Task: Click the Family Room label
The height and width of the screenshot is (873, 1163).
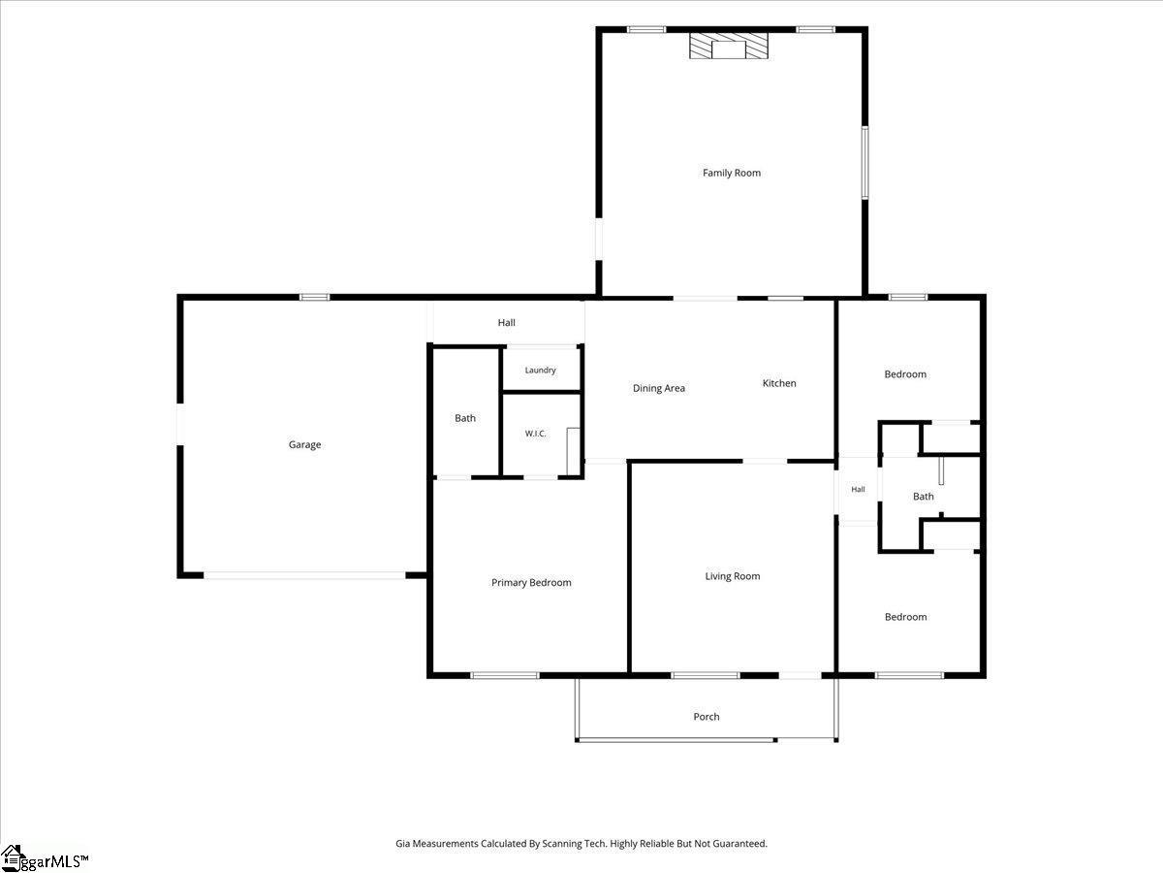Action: (731, 173)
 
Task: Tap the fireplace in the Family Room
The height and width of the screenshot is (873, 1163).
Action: (729, 47)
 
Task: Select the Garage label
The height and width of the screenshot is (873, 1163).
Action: (304, 444)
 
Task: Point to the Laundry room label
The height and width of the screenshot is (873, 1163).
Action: (541, 370)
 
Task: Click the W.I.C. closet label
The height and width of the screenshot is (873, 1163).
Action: (535, 434)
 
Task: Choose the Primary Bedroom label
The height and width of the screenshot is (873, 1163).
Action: (531, 583)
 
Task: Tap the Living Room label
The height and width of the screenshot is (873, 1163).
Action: (733, 576)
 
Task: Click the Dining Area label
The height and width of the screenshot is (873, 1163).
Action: (659, 388)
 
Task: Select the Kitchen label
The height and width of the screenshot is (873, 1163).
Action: (779, 383)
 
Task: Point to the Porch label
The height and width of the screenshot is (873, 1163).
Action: (707, 717)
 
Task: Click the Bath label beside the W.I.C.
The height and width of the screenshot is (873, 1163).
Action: (464, 418)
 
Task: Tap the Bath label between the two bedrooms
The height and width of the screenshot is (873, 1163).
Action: (923, 497)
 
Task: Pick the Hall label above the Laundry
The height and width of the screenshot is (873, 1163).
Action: (506, 322)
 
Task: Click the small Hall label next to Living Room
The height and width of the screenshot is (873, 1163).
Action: (858, 489)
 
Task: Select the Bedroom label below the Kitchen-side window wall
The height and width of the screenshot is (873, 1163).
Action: (905, 374)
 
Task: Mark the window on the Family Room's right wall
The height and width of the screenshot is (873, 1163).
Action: (864, 163)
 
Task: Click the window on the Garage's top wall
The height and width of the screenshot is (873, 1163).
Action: (314, 298)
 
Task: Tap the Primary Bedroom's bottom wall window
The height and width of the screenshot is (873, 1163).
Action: (504, 675)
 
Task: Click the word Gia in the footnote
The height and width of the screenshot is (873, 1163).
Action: (402, 843)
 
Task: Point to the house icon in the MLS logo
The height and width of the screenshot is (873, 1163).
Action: (11, 858)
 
